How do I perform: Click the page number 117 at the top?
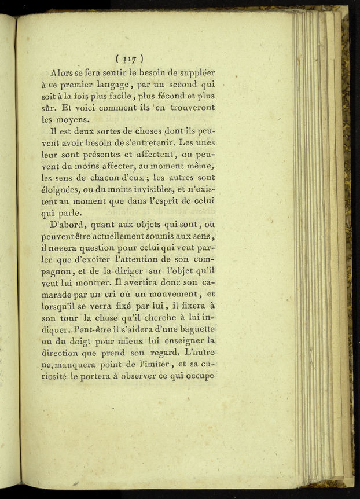click(129, 58)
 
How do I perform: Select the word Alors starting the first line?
click(63, 73)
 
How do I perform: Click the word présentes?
click(95, 155)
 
